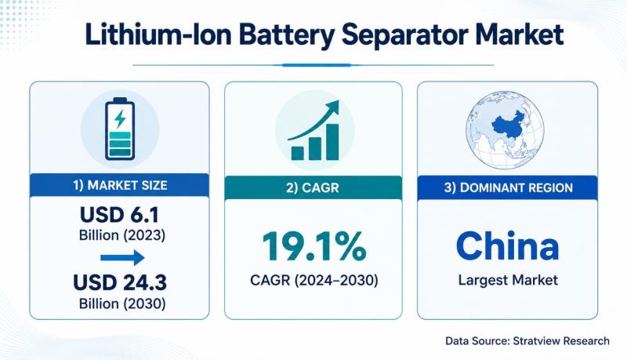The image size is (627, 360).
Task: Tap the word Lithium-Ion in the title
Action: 158,35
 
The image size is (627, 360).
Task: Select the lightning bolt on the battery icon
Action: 120,118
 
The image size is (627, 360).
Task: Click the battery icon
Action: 120,129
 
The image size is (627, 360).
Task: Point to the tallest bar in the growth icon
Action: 332,142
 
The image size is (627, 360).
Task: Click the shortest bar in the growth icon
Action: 298,153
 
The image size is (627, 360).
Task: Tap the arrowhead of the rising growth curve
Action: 332,107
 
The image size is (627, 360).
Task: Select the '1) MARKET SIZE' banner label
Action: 120,186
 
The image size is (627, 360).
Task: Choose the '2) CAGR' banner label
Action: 313,187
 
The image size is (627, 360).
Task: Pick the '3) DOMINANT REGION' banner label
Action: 508,187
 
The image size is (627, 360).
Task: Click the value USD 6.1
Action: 120,215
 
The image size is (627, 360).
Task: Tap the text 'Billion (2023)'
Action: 122,235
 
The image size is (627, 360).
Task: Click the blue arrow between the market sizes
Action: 122,257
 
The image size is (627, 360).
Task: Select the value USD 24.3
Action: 120,282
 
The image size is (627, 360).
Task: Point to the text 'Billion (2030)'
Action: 122,304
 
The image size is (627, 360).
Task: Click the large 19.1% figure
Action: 314,246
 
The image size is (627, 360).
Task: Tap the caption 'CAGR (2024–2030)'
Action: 314,281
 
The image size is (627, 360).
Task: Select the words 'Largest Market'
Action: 508,280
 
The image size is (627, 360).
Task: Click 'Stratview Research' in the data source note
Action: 561,341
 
